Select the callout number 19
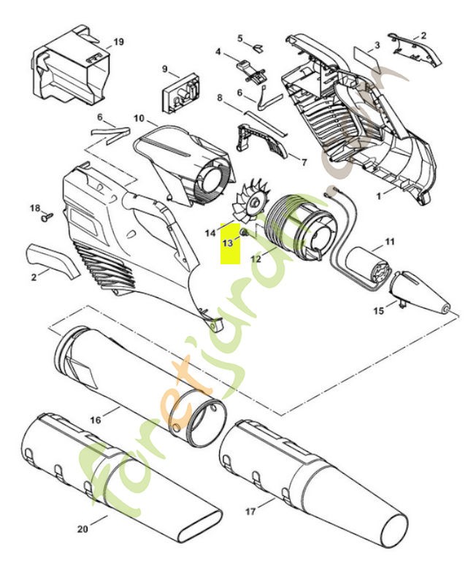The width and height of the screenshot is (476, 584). (x=118, y=42)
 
